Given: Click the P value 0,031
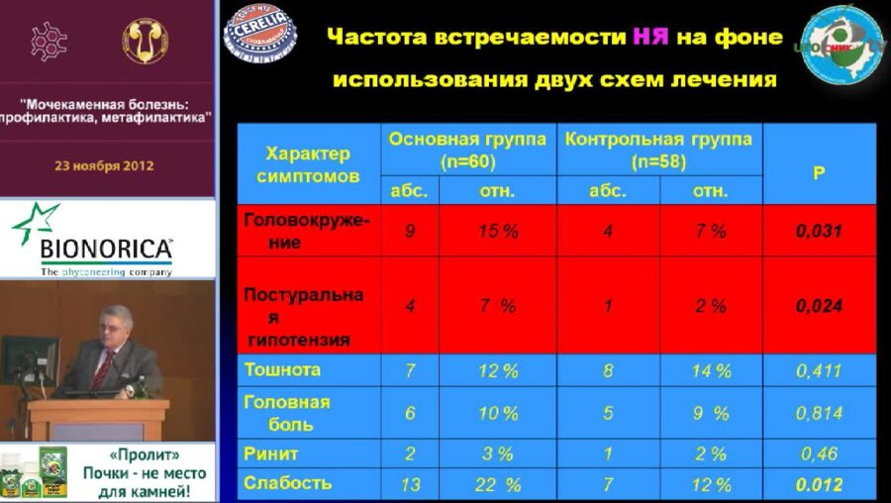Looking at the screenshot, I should [819, 231].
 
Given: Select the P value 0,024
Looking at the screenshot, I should [819, 306].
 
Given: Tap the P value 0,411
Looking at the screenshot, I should [819, 371].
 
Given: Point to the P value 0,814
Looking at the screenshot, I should [819, 414].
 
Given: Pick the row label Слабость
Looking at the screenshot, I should [288, 483].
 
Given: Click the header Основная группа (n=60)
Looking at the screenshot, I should [467, 150].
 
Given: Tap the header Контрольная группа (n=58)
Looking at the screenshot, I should [658, 150].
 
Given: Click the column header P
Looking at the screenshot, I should [819, 172].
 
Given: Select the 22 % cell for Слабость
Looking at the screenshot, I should [499, 484].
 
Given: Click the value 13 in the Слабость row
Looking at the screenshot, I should [409, 484].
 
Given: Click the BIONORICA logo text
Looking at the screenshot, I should [107, 248].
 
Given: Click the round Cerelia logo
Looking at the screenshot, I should [258, 30].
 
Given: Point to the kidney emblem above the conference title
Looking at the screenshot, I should [145, 40].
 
